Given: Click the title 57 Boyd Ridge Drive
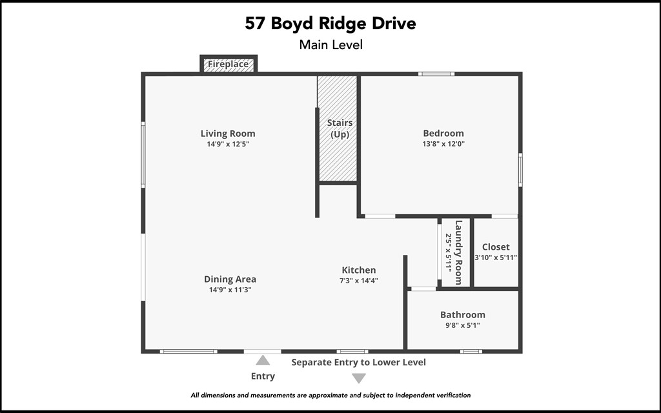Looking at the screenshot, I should [330, 24].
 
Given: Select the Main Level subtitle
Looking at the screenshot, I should [330, 45].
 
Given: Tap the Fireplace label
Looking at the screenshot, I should [228, 64].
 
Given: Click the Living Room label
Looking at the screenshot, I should [228, 134].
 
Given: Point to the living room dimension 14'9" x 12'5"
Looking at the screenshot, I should [228, 144].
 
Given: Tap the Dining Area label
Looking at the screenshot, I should [230, 279].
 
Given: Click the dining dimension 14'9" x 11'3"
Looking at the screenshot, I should [230, 290].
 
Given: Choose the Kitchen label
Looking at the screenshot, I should [358, 270].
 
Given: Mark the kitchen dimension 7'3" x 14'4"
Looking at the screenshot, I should [358, 281].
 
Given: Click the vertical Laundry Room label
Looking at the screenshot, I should [458, 252].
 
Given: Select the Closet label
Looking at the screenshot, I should [496, 247].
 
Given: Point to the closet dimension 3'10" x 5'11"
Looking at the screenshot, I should [496, 257].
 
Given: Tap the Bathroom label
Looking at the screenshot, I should [462, 315].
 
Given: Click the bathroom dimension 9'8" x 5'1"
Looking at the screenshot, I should [462, 325].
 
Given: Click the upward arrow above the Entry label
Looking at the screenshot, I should [263, 361].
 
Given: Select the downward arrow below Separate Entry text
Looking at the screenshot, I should [359, 378].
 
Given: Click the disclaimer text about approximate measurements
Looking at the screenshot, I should [330, 395].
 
